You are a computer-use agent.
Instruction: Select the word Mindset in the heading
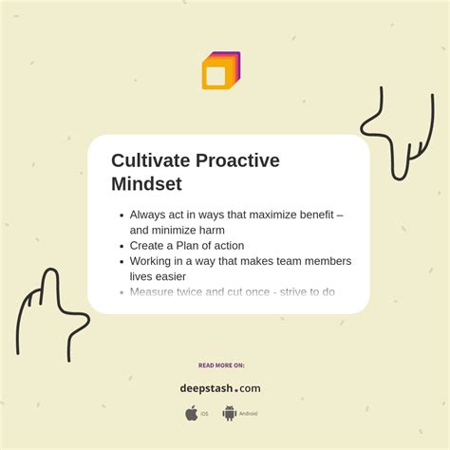click(146, 183)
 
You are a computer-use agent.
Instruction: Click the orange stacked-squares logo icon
click(220, 71)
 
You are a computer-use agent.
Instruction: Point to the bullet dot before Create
click(120, 246)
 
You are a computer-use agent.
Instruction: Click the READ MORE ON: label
click(221, 365)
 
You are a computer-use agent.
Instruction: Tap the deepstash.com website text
click(220, 388)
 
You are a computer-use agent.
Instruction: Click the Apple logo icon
click(192, 413)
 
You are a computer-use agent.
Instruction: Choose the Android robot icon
click(229, 413)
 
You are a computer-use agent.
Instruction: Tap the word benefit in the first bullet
click(315, 215)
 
